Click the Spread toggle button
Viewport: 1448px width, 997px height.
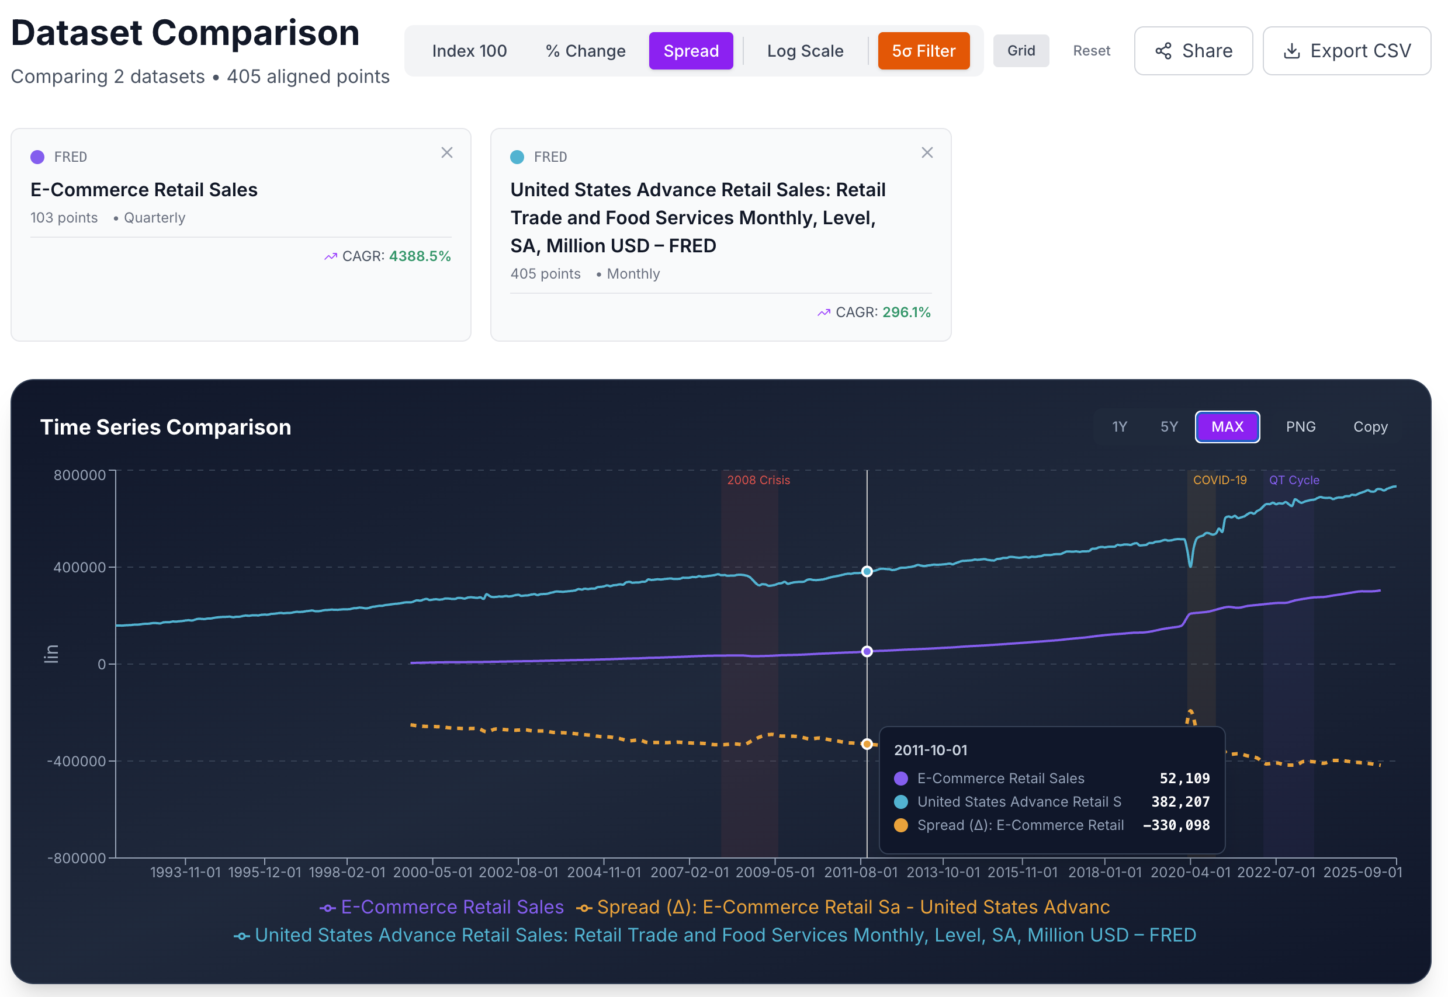(691, 51)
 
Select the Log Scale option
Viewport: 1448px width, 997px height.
(805, 51)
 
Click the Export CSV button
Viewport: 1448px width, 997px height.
(1346, 51)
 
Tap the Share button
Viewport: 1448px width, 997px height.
(1193, 51)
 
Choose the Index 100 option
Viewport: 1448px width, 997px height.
(469, 51)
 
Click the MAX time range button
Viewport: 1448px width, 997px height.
(1227, 427)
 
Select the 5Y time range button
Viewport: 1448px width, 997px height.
(1169, 427)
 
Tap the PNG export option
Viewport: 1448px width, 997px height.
(1300, 427)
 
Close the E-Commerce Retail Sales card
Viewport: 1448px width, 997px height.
(447, 152)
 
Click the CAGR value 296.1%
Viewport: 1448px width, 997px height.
(906, 312)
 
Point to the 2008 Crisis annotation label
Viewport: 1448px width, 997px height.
(758, 480)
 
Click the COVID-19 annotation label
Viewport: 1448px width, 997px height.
(1220, 480)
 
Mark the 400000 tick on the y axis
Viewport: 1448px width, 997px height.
(79, 567)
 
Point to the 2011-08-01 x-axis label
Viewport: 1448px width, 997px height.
(861, 872)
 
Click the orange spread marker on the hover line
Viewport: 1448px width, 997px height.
(867, 744)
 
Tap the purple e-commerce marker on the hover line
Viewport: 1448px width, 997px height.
(867, 652)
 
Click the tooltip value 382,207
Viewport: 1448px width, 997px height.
(1180, 801)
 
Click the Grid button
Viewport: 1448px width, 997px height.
(1020, 51)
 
